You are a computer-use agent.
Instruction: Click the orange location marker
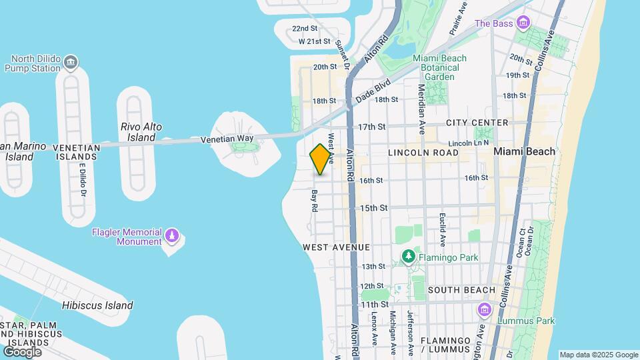point(321,159)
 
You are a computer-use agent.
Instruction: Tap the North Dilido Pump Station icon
point(71,64)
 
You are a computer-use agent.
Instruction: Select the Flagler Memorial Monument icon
point(172,237)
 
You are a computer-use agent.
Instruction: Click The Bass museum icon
point(524,24)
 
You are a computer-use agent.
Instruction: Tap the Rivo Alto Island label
point(141,132)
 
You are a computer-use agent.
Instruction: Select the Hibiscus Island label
point(97,305)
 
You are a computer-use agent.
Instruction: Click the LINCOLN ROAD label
point(423,153)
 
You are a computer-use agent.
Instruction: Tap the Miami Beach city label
point(524,151)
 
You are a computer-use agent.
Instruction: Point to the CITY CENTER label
point(477,123)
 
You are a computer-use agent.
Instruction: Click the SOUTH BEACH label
point(461,290)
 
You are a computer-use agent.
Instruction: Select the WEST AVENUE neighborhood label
point(336,247)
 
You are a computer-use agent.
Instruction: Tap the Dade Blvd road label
point(373,89)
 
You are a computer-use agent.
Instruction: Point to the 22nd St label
point(305,29)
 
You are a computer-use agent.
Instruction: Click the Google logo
point(22,351)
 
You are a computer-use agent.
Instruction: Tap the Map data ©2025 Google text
point(599,355)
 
